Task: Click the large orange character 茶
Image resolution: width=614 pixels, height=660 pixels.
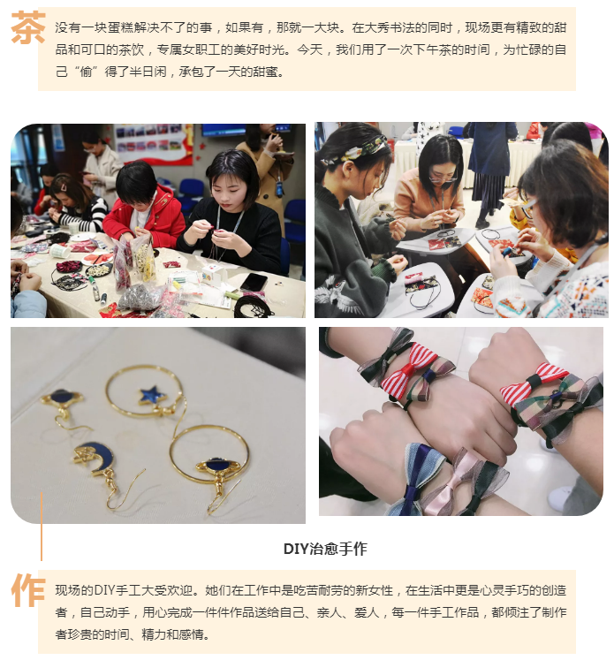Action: [27, 27]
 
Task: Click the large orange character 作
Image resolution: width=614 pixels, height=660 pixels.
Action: [27, 590]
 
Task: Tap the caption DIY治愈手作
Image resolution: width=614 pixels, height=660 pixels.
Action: [325, 549]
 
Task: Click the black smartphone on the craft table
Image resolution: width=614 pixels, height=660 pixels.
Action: [254, 282]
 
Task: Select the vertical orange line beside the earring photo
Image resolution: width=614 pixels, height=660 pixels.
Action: [42, 527]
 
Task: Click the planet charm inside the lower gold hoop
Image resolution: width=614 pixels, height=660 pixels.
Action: [218, 466]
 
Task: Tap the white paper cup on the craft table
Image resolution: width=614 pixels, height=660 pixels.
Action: [60, 251]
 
